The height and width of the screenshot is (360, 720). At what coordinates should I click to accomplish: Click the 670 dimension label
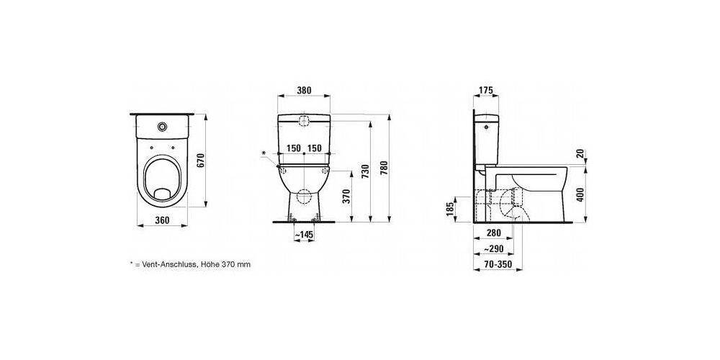click(x=199, y=161)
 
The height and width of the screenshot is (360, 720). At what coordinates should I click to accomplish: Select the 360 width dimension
click(x=162, y=220)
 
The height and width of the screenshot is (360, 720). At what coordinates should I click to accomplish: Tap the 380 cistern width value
click(x=304, y=91)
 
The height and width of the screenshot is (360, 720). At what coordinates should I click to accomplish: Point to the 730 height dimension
click(x=366, y=171)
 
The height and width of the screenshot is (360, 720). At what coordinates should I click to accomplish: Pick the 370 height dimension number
click(x=347, y=196)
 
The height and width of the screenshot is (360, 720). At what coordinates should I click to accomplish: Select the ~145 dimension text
click(x=304, y=235)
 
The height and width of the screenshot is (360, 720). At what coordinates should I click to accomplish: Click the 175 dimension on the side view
click(x=486, y=91)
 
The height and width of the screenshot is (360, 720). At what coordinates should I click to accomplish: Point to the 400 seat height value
click(x=580, y=195)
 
